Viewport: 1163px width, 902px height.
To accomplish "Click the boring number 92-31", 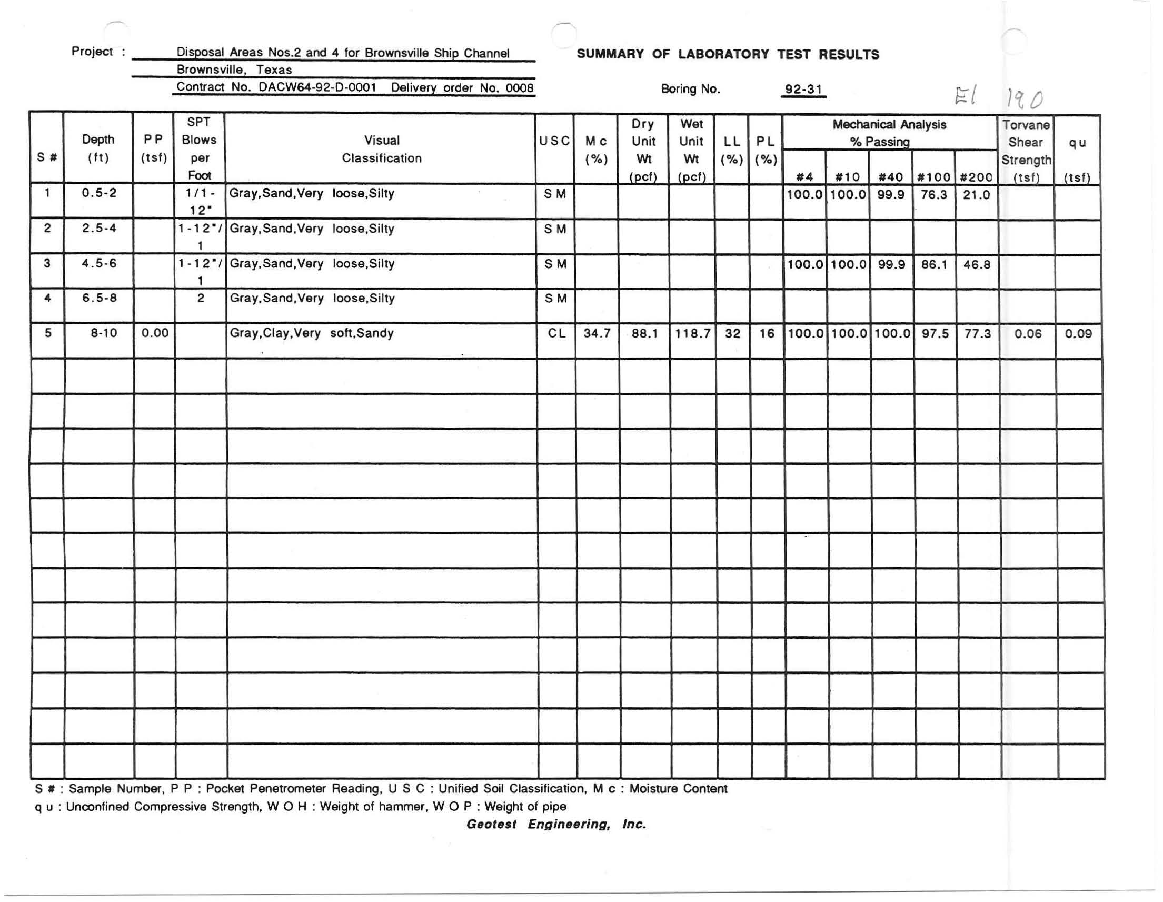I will (803, 90).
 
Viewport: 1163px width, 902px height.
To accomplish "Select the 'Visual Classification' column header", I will (381, 149).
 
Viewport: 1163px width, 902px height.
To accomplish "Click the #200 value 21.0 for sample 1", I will (976, 195).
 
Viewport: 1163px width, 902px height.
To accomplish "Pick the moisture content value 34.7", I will (597, 334).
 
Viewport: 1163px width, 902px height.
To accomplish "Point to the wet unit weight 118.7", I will (692, 334).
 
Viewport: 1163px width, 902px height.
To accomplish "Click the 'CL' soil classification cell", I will (556, 334).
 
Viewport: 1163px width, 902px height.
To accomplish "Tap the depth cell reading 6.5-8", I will (99, 298).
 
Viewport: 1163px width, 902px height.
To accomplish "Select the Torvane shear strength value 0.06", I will (1027, 334).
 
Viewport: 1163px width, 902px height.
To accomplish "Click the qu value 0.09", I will (1078, 334).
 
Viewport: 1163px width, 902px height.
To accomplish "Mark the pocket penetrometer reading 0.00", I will (154, 333).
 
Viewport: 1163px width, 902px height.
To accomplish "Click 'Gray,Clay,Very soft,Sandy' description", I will (312, 333).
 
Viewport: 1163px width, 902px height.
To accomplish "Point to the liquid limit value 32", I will (732, 334).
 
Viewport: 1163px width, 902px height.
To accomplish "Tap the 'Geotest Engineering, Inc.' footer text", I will (556, 824).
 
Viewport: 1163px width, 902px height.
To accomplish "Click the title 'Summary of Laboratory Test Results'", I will (728, 54).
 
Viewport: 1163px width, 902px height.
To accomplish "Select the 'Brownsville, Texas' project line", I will (234, 70).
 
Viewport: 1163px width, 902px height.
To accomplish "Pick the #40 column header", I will (890, 177).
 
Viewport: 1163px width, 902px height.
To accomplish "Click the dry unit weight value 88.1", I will (644, 334).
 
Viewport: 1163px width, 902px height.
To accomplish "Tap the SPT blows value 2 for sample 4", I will (200, 298).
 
